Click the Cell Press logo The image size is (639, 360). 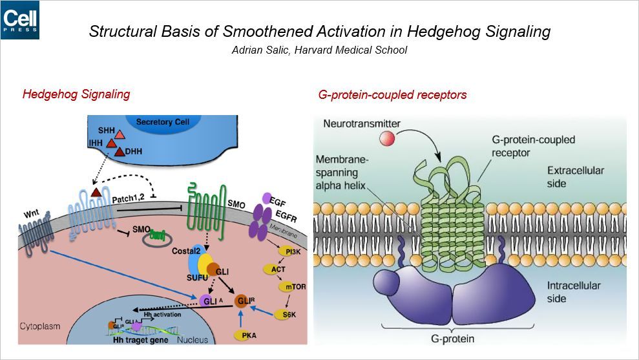point(20,20)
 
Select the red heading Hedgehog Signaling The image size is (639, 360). point(76,94)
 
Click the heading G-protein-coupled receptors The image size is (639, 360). point(392,95)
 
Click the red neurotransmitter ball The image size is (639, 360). point(387,137)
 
